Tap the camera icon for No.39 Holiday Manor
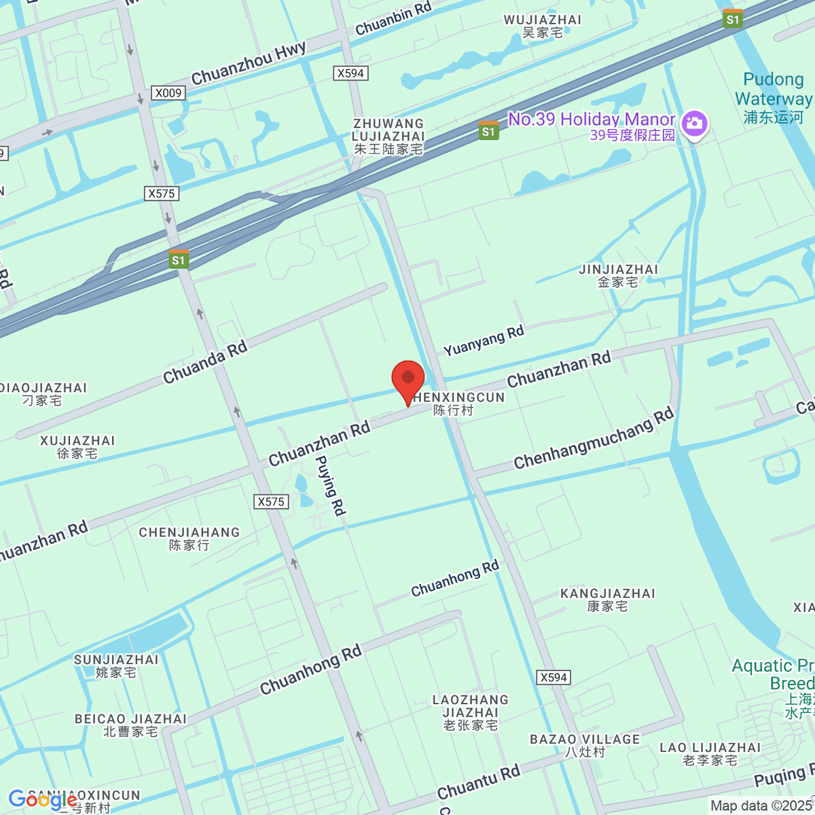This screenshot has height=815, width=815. click(x=694, y=124)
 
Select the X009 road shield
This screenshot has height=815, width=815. click(x=168, y=93)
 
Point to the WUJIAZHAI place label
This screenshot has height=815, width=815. click(x=543, y=26)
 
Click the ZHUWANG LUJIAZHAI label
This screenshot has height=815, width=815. click(x=388, y=136)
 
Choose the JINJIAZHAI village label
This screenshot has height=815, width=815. click(x=618, y=275)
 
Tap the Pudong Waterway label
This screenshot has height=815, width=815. click(x=773, y=98)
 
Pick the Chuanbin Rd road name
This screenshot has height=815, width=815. click(x=393, y=18)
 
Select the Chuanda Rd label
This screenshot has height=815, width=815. click(x=205, y=363)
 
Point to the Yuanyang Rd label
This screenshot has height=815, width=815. click(x=484, y=340)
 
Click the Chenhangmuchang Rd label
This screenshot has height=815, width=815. click(x=594, y=439)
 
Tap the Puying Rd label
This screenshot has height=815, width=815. click(x=331, y=485)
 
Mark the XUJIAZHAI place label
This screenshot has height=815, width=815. click(x=77, y=447)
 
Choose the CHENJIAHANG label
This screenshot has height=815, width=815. click(x=189, y=539)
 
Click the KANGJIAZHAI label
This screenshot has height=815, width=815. click(x=608, y=600)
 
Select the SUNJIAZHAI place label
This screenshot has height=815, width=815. click(x=116, y=666)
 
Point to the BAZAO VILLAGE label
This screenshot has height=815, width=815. click(x=585, y=745)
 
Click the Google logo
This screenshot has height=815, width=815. click(x=42, y=800)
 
